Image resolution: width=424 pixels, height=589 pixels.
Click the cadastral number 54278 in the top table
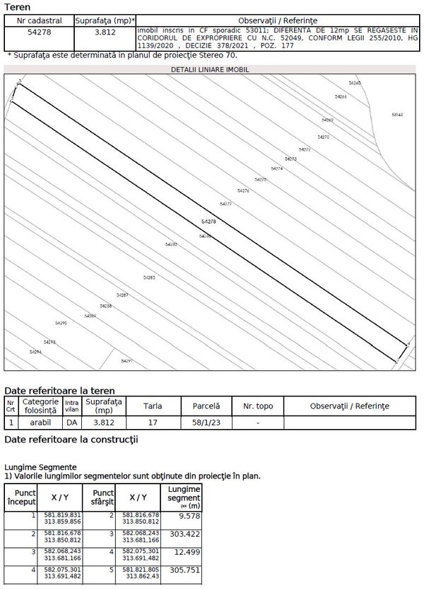pos(38,33)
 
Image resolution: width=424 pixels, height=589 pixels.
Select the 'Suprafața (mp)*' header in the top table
pos(105,21)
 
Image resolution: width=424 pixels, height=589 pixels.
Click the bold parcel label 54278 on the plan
pos(208,222)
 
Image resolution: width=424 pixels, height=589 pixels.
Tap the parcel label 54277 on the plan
pos(225,204)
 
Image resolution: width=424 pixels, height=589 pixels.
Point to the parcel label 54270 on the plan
pos(324,137)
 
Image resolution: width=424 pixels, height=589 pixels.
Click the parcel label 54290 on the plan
pos(60,323)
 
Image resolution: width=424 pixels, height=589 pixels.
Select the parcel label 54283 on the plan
pos(149,278)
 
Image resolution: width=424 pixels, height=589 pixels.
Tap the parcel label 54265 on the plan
pos(355,84)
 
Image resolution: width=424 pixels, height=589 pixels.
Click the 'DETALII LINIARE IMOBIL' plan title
pos(210,70)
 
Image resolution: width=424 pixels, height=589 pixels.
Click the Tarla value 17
pos(152,423)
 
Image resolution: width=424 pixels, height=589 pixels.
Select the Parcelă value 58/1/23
pos(206,423)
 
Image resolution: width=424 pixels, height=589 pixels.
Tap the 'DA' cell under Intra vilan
pos(71,423)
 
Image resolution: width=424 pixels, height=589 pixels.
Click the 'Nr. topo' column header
pos(258,406)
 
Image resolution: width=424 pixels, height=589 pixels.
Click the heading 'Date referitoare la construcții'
pos(71,440)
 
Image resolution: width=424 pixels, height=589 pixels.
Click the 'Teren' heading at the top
pos(18,7)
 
